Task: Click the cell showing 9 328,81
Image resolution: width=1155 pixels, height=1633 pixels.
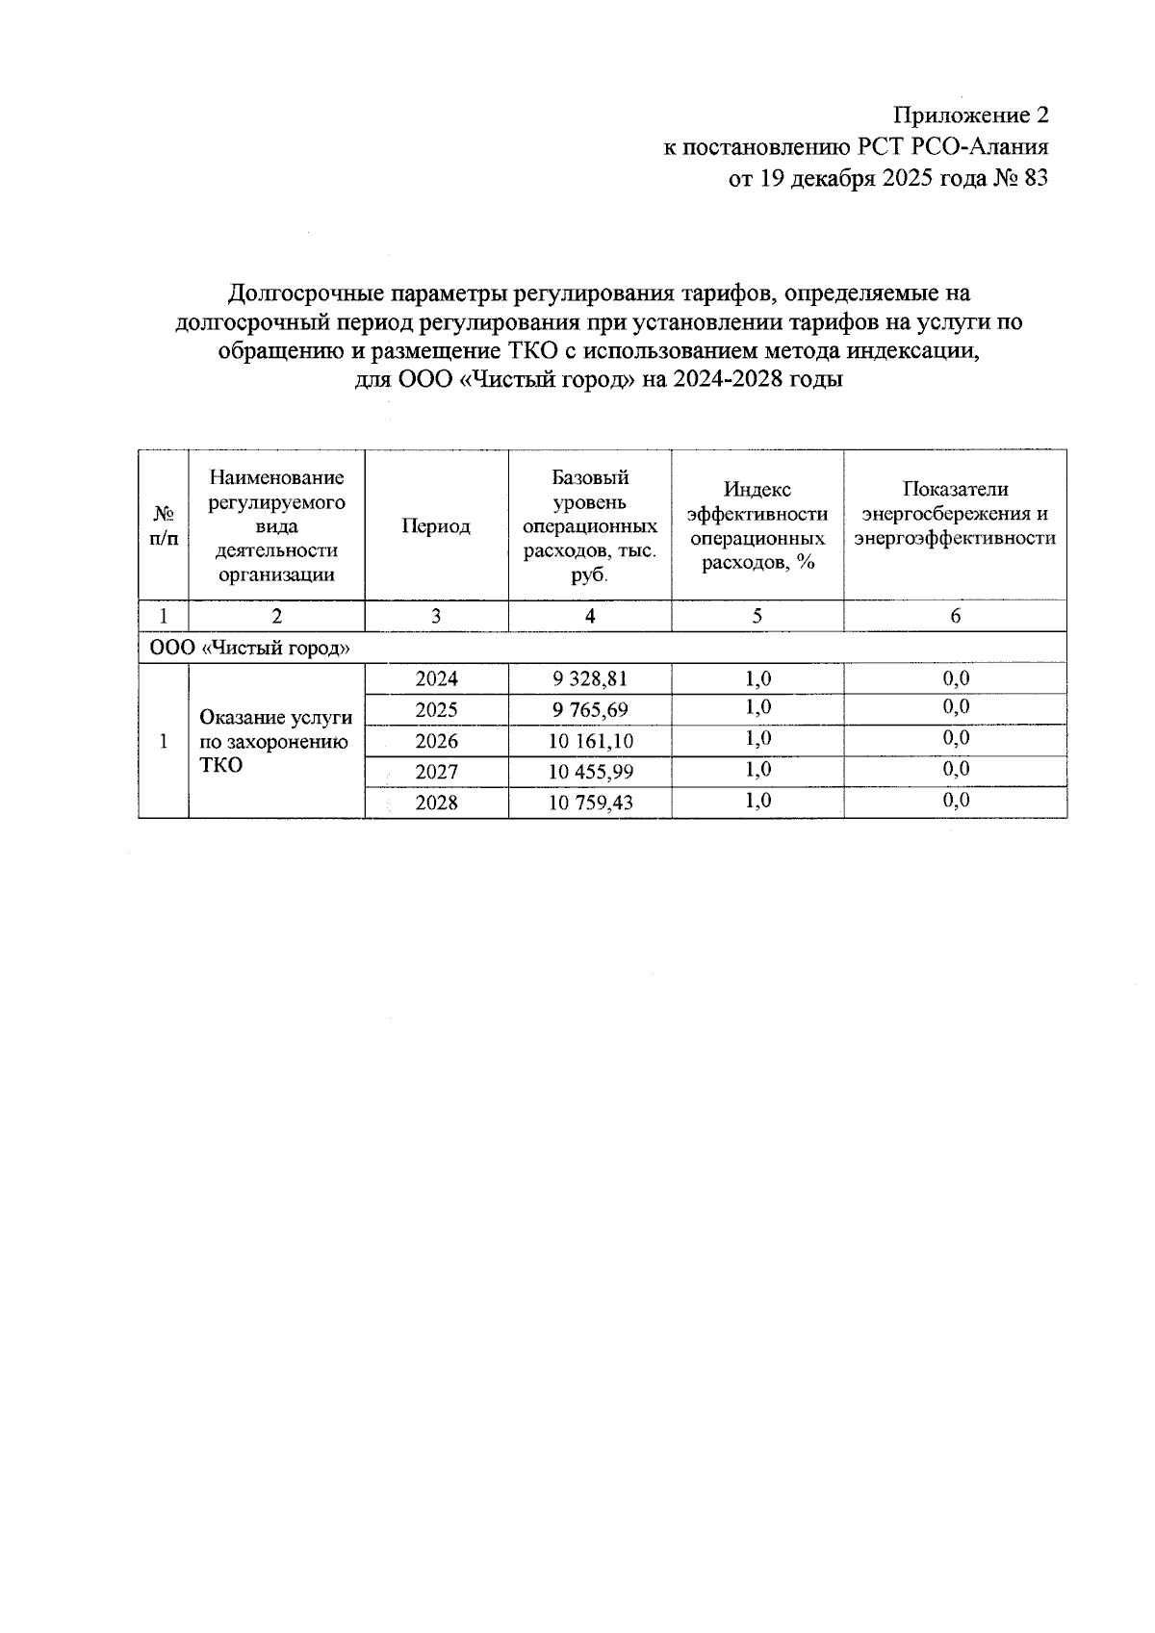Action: tap(589, 678)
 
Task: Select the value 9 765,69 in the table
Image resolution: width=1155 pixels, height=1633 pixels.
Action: tap(589, 710)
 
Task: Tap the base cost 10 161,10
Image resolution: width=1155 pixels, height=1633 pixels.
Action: tap(589, 741)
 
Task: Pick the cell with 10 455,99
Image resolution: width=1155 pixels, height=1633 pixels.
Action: tap(589, 772)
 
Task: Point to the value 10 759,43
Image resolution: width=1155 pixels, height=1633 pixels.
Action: tap(589, 803)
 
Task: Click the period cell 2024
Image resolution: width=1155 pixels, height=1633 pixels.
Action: tap(436, 678)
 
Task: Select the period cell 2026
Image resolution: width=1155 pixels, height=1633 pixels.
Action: tap(436, 741)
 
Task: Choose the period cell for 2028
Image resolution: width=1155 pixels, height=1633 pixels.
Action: tap(436, 803)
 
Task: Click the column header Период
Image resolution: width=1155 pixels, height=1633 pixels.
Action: tap(436, 526)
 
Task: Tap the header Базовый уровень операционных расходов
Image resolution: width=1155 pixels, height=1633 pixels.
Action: tap(589, 526)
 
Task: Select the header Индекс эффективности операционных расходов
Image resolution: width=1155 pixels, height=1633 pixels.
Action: tap(757, 526)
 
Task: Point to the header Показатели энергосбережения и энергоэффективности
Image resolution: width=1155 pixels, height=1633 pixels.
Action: tap(955, 514)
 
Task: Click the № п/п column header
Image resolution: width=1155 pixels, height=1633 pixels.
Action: tap(164, 526)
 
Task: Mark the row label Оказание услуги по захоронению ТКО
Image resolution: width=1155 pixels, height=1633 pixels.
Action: tap(275, 741)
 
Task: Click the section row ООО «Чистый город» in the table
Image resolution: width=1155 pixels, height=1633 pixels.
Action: tap(248, 648)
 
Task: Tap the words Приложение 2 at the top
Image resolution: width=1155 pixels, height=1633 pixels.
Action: tap(969, 115)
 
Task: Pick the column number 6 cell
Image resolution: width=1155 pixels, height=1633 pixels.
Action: tap(955, 616)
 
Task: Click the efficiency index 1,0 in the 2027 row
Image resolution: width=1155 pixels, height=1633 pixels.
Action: tap(757, 770)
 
